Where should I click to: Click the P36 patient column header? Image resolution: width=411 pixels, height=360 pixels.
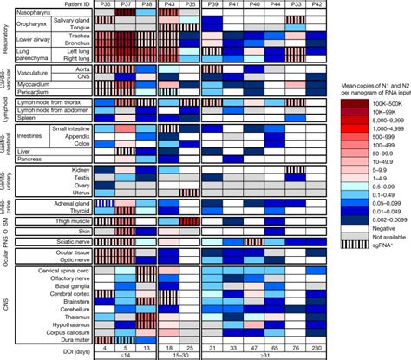pyautogui.click(x=104, y=4)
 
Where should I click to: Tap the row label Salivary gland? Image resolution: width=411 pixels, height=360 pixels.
pyautogui.click(x=70, y=20)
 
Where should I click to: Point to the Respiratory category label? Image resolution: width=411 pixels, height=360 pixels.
pyautogui.click(x=5, y=39)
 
